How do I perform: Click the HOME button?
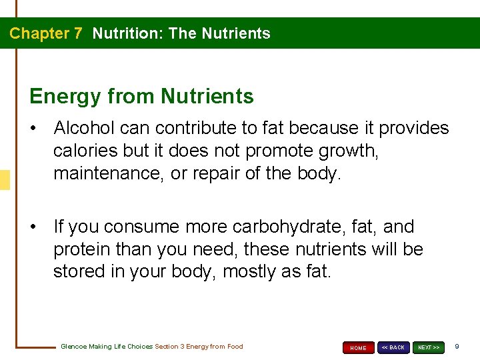click(358, 347)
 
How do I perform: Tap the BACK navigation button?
click(393, 347)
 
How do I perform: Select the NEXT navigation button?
click(429, 347)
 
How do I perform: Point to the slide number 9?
click(457, 347)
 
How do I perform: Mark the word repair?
click(217, 173)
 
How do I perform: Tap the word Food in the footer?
click(235, 347)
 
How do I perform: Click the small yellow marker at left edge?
click(5, 180)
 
